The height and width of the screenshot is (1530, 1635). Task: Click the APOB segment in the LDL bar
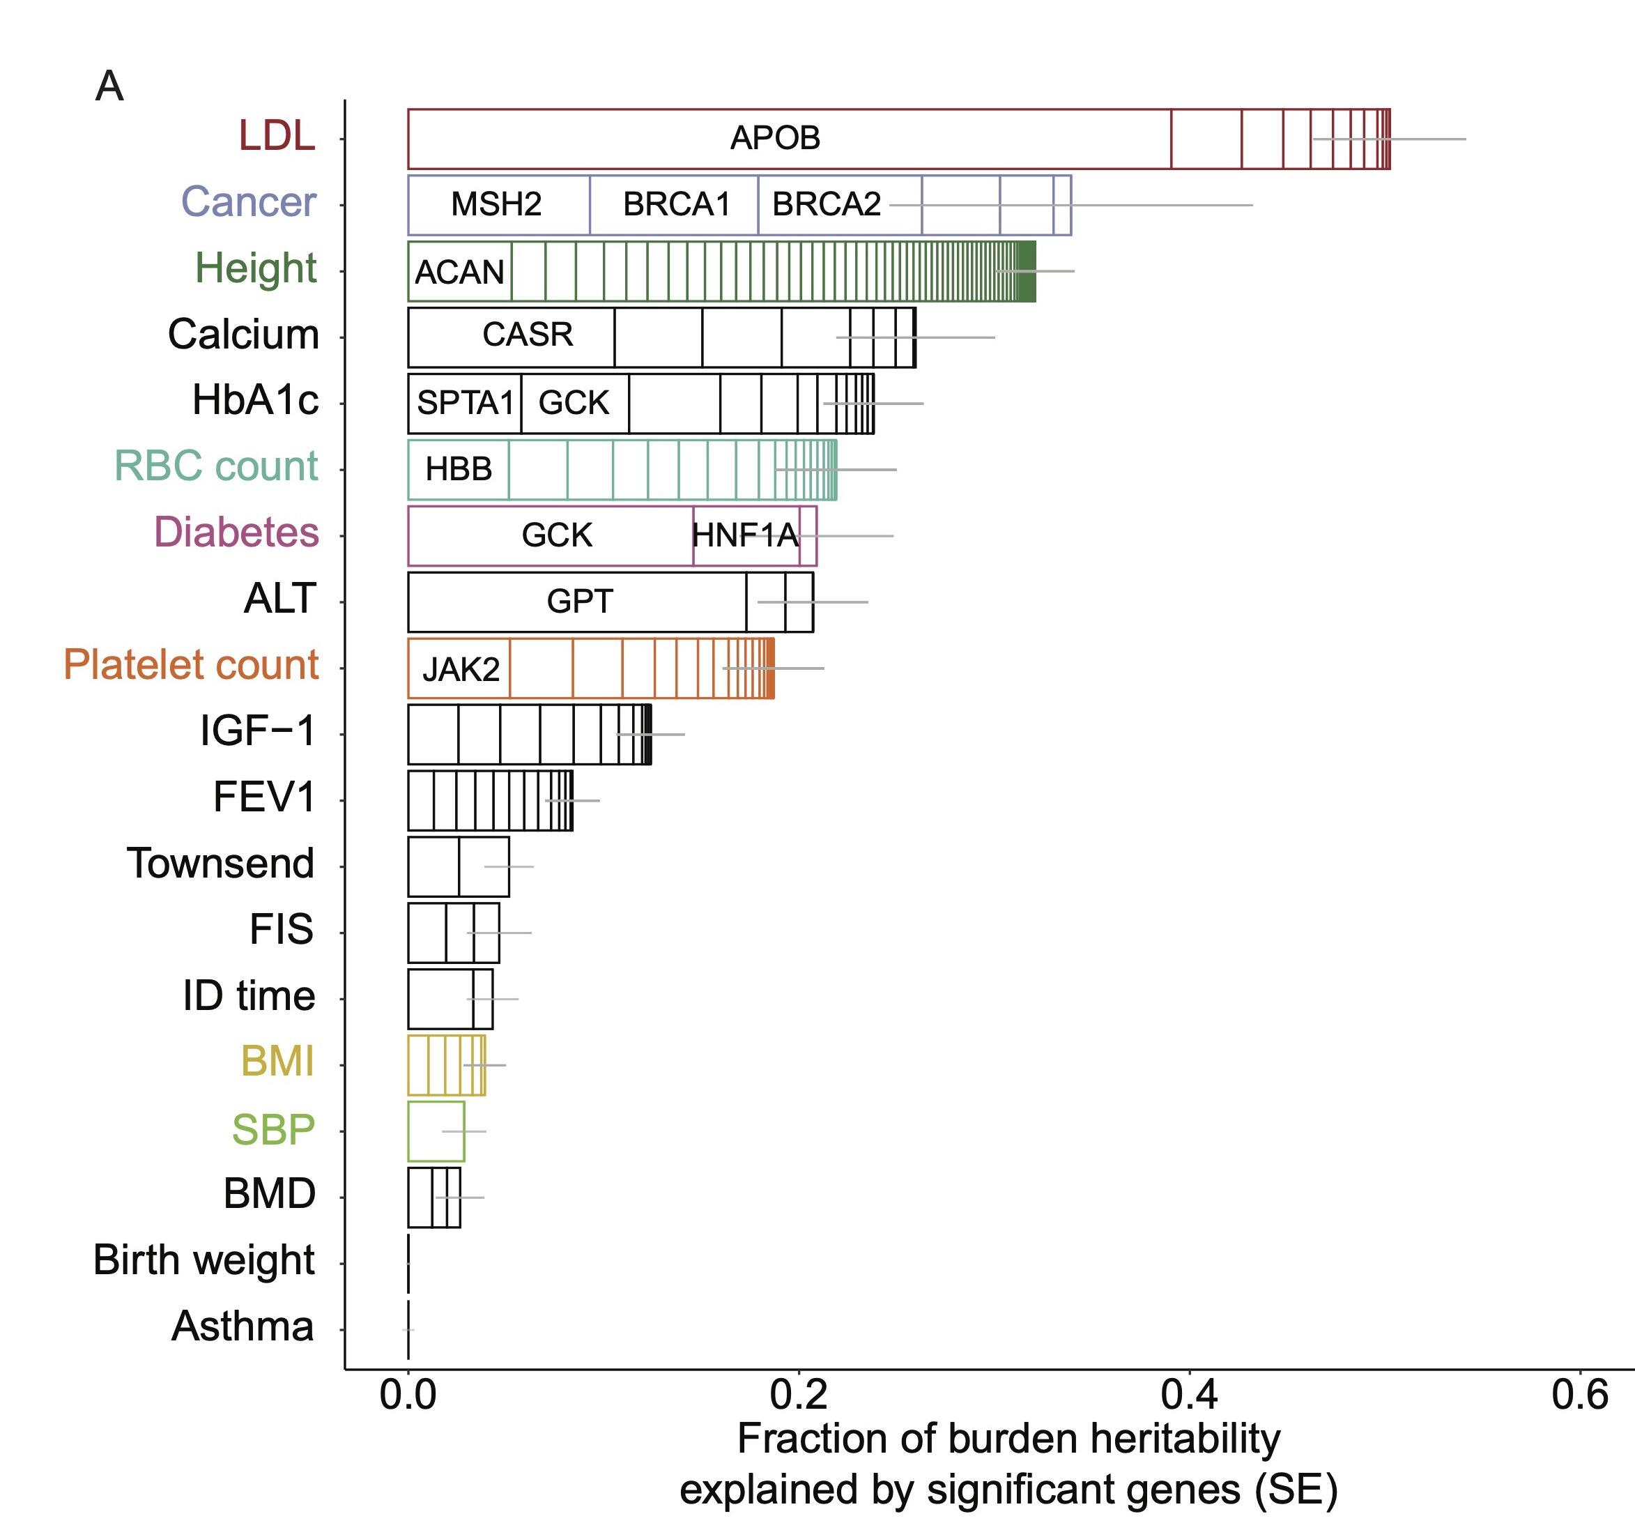pos(775,138)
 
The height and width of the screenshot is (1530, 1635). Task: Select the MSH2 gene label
pos(496,204)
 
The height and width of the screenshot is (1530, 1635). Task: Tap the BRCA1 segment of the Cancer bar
pos(676,204)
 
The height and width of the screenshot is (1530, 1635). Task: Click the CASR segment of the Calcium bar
pos(527,335)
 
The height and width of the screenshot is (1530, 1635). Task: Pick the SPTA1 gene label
pos(465,403)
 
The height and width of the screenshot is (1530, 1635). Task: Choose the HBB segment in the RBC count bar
pos(458,470)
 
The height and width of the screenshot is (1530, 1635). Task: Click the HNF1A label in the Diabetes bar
pos(745,535)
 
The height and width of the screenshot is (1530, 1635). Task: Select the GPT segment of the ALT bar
pos(579,602)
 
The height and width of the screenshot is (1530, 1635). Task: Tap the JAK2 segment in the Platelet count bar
pos(460,668)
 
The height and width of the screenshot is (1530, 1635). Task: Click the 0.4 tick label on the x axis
pos(1189,1395)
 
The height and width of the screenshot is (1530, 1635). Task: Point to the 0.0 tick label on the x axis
pos(408,1395)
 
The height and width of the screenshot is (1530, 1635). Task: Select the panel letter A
pos(109,86)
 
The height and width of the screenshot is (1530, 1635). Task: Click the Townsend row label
pos(220,864)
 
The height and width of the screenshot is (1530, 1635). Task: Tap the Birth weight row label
pos(204,1260)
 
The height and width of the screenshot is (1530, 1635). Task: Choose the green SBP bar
pos(436,1131)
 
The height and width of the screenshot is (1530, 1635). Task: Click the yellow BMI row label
pos(277,1061)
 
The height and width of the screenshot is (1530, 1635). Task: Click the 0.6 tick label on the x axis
pos(1580,1395)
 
